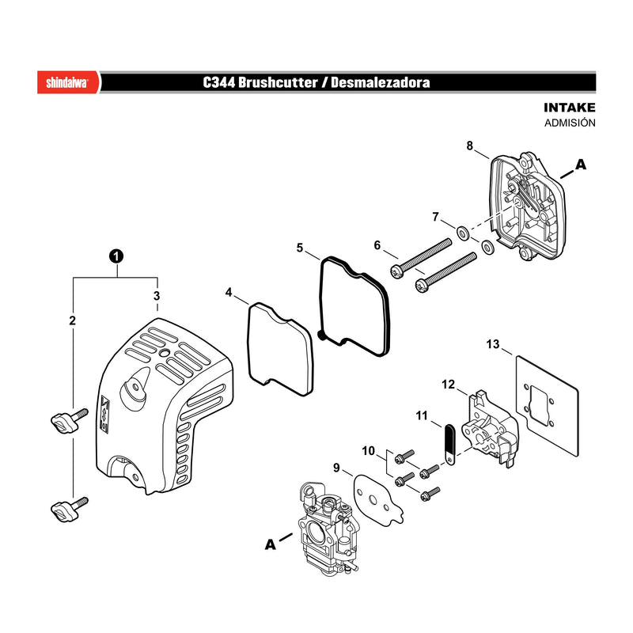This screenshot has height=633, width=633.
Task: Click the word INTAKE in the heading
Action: tap(569, 108)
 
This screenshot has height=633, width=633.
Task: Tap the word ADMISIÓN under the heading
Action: tap(570, 123)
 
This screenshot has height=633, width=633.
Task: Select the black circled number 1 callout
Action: tap(116, 256)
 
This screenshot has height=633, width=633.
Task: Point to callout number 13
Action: tap(492, 344)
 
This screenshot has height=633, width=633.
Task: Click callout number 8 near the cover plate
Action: tap(469, 146)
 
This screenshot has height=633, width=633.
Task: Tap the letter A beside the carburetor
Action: tap(270, 544)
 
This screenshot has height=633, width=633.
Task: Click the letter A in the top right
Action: tap(581, 165)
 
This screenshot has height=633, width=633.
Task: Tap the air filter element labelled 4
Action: tap(280, 349)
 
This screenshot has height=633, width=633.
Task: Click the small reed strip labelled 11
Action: tap(449, 444)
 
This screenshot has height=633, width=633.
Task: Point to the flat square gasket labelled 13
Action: tap(548, 406)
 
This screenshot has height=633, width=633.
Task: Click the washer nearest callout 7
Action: tap(463, 233)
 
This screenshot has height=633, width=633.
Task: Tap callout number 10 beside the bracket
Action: tap(368, 450)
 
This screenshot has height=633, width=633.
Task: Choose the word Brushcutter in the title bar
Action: tap(278, 82)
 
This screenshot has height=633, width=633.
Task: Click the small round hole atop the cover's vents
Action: tap(165, 352)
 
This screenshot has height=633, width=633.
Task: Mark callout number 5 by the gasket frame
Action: tap(300, 248)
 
